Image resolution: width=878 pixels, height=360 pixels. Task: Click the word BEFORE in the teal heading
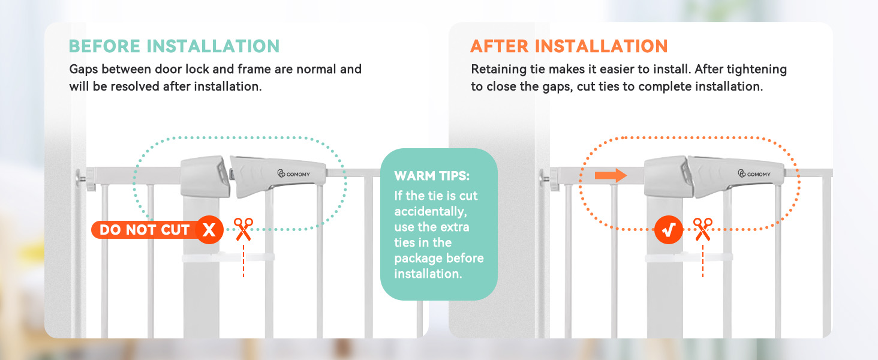pos(104,46)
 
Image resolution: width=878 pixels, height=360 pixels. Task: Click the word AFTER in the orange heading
pos(499,46)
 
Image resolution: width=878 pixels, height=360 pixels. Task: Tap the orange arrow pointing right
pos(611,175)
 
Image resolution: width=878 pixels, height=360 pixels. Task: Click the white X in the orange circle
pos(209,230)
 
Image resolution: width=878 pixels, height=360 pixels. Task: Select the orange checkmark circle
pos(669,230)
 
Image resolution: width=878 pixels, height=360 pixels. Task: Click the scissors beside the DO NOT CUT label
pos(243,229)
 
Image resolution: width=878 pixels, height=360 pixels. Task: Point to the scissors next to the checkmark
pos(703,229)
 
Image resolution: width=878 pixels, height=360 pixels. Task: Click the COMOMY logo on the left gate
pos(294,174)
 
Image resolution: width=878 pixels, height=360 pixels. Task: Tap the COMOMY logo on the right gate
pos(754,174)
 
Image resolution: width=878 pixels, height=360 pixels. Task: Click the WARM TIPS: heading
pos(432,176)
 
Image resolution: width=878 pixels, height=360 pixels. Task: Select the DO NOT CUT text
pos(145,230)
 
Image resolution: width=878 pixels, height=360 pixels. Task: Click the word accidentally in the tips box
pos(431,212)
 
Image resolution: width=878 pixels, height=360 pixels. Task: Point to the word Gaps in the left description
pos(83,70)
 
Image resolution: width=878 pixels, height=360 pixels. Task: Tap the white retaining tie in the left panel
pos(228,257)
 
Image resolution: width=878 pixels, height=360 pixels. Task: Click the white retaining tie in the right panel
pos(688,257)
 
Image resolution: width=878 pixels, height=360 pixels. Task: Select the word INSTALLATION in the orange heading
pos(602,46)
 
